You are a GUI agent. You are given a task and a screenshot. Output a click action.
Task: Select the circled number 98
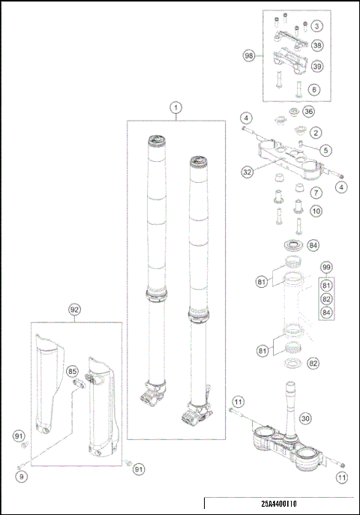[x=249, y=56]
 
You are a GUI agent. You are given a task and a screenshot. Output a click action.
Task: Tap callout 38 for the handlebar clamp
[x=317, y=26]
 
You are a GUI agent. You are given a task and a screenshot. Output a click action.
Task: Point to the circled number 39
[x=317, y=67]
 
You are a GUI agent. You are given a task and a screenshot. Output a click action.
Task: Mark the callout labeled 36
[x=307, y=112]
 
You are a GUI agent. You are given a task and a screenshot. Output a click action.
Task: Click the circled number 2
[x=317, y=133]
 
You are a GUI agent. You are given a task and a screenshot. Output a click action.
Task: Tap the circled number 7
[x=317, y=193]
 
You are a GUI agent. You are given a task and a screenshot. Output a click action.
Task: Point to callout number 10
[x=317, y=211]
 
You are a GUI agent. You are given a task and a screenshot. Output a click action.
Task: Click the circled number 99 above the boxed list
[x=326, y=268]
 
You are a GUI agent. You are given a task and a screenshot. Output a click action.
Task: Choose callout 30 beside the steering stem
[x=325, y=418]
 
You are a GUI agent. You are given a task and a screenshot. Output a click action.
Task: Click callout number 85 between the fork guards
[x=73, y=370]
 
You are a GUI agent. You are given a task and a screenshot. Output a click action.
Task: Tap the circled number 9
[x=21, y=476]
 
